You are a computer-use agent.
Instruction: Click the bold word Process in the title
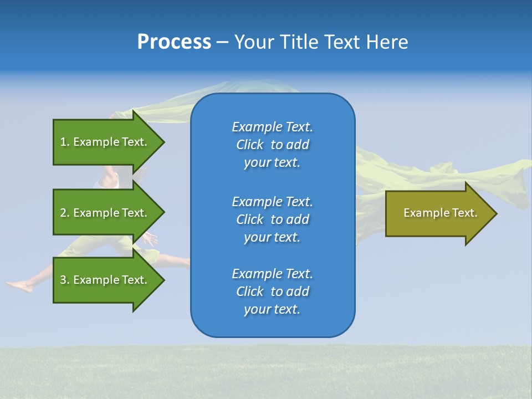(x=174, y=42)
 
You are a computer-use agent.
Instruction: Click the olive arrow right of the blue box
(x=438, y=213)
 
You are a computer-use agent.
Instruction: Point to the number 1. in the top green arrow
(x=65, y=142)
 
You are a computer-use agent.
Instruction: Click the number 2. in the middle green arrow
(x=65, y=213)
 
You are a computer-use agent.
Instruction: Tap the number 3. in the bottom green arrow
(x=65, y=280)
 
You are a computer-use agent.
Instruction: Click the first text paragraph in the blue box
(x=272, y=145)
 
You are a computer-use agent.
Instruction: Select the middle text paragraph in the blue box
(x=272, y=219)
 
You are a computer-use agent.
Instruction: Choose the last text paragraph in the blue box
(x=272, y=291)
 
